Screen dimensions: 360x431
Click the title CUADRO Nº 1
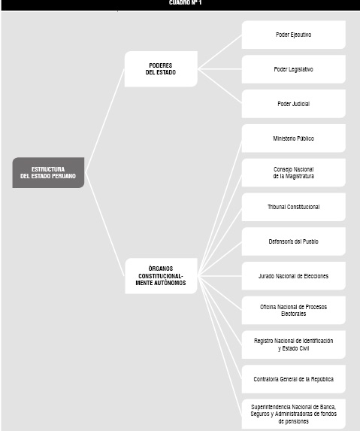point(185,2)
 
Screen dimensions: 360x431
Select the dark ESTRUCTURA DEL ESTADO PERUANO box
point(48,172)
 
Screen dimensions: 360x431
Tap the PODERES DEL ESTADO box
point(161,69)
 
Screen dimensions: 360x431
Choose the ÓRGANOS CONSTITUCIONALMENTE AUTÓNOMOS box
point(161,276)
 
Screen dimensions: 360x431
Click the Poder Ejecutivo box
point(294,35)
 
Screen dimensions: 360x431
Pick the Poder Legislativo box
point(294,69)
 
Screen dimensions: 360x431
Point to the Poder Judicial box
point(294,104)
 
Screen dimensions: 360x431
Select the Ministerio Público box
point(294,138)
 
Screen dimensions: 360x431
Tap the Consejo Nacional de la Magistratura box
point(294,172)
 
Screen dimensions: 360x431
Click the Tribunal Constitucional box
point(294,207)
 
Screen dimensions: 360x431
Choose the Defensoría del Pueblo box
point(294,241)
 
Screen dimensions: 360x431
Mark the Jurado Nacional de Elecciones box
point(294,276)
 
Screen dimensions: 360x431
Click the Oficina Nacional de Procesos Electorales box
point(294,311)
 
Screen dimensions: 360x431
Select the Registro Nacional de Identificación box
point(294,344)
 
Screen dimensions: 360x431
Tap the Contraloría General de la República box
point(294,379)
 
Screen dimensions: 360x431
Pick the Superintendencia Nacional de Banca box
point(294,414)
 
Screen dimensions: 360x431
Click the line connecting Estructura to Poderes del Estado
point(105,120)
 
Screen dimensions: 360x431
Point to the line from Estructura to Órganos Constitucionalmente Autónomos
point(105,224)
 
